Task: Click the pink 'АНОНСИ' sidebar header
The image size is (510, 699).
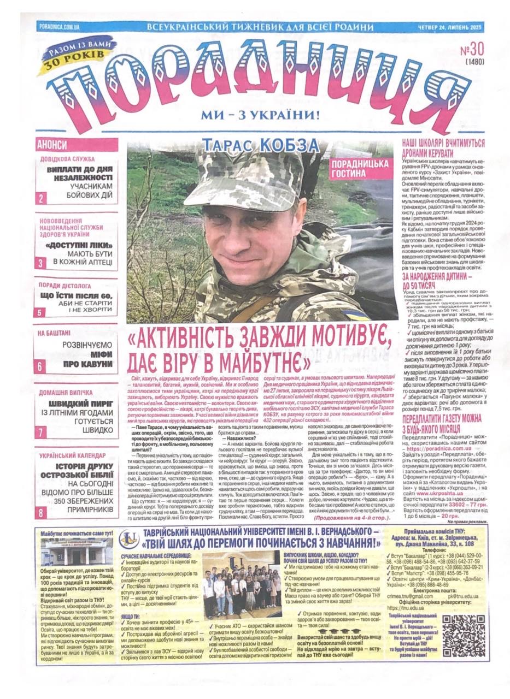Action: coord(52,145)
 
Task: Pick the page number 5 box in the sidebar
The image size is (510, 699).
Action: coord(40,312)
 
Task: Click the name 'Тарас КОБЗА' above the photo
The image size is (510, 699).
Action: coord(260,145)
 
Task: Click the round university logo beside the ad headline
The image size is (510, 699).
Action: coord(126,540)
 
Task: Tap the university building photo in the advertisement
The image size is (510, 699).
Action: coord(77,554)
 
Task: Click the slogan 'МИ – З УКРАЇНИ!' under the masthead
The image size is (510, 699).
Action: coord(260,115)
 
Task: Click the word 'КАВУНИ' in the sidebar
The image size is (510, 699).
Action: coord(95,364)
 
